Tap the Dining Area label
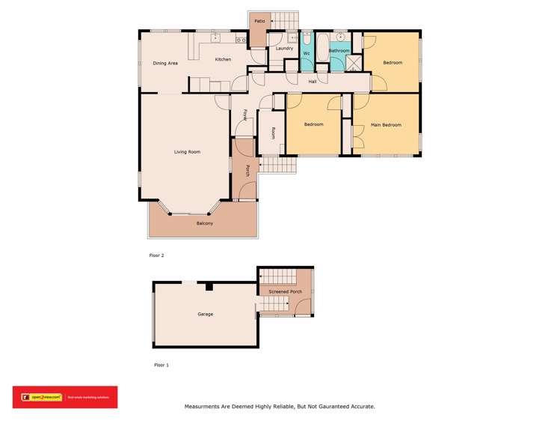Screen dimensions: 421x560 165,63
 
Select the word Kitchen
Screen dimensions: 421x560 223,59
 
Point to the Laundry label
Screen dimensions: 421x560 284,49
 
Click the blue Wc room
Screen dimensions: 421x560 307,53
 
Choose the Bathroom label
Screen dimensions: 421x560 339,51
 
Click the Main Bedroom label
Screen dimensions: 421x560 386,125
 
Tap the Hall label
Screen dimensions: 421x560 313,81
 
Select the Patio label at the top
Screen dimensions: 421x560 259,21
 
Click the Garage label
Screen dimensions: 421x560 205,314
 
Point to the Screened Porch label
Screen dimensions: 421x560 286,291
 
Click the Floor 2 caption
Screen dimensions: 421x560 156,255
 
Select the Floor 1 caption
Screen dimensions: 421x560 161,365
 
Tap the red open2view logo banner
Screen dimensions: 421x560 64,397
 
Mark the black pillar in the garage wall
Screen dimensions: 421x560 209,285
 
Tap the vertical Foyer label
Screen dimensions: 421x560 244,115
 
